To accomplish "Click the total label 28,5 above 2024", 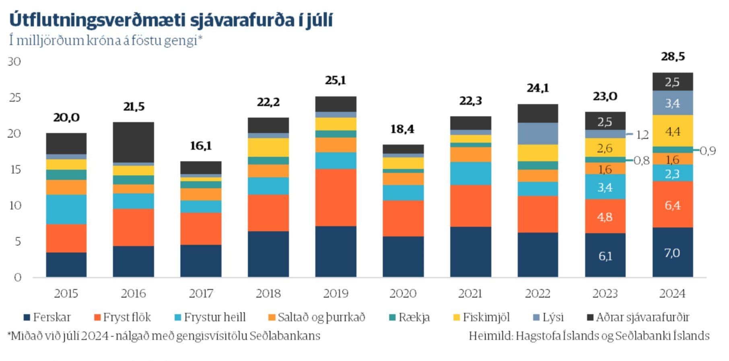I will pyautogui.click(x=673, y=57).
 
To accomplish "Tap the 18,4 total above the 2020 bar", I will pyautogui.click(x=402, y=129).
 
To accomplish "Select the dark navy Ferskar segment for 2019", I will pyautogui.click(x=336, y=251).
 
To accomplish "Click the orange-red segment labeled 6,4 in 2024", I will pyautogui.click(x=673, y=205).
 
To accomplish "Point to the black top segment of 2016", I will pyautogui.click(x=133, y=142).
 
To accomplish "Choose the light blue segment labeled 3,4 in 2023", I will pyautogui.click(x=605, y=187).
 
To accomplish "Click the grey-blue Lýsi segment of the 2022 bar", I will pyautogui.click(x=537, y=133).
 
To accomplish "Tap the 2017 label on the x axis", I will pyautogui.click(x=201, y=293).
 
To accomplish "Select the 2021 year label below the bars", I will pyautogui.click(x=470, y=293).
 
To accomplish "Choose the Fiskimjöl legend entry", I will pyautogui.click(x=482, y=317).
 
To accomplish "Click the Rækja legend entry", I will pyautogui.click(x=410, y=317).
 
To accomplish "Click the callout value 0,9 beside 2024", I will pyautogui.click(x=708, y=151).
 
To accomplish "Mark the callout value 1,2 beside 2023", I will pyautogui.click(x=642, y=135).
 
